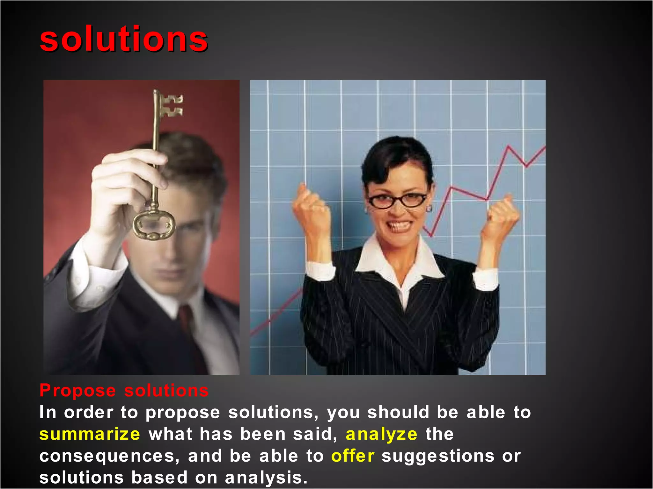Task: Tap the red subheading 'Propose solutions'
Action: (x=124, y=390)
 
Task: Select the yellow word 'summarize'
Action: (x=90, y=434)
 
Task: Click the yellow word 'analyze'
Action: (x=381, y=434)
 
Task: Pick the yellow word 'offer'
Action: (x=353, y=456)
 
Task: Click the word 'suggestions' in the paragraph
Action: (x=438, y=457)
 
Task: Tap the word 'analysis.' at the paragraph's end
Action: (x=266, y=478)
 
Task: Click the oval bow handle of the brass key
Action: (x=154, y=225)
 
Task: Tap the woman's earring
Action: (x=429, y=209)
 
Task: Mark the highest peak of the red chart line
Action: (x=508, y=146)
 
